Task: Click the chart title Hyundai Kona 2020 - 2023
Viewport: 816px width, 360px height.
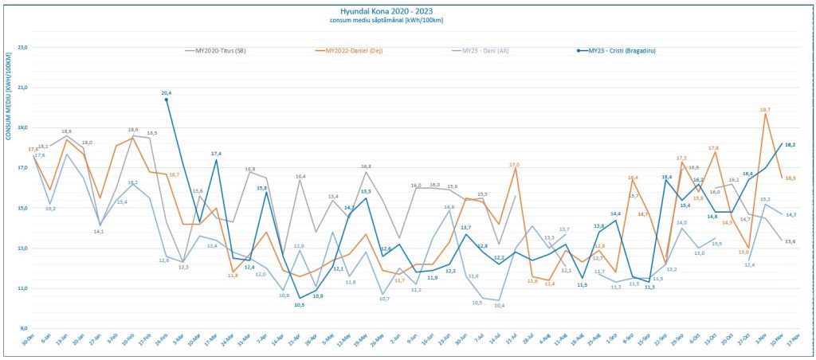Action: [407, 11]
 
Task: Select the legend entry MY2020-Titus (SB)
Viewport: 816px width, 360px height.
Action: [220, 50]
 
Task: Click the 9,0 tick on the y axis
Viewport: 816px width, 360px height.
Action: [23, 328]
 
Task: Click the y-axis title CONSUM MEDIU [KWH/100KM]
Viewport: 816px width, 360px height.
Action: [8, 96]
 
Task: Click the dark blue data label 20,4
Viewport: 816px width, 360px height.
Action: [166, 93]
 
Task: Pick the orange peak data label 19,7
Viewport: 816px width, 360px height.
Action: [765, 109]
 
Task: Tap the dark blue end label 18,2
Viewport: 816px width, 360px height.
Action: [790, 145]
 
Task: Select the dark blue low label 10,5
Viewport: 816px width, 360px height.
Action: [300, 304]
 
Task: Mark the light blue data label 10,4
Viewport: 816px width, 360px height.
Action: [499, 306]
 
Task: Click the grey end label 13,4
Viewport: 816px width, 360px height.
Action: [790, 241]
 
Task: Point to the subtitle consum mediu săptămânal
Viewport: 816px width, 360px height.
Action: [407, 22]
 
